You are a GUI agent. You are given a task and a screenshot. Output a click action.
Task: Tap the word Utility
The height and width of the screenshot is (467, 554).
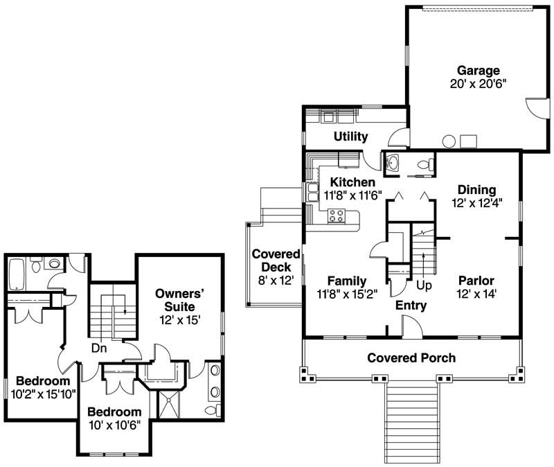point(350,136)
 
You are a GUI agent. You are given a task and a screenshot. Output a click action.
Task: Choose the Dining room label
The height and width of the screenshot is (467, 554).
point(476,190)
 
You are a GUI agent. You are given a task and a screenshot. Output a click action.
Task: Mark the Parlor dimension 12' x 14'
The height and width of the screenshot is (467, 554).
point(476,293)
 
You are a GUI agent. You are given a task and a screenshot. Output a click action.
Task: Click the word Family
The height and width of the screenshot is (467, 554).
point(346,281)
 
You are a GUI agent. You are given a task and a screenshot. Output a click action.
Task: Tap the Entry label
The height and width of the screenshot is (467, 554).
point(411,306)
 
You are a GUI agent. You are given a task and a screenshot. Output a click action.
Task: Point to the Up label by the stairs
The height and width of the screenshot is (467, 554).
point(425,285)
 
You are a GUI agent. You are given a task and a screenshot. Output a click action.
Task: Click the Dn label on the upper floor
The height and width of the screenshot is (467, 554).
point(99,349)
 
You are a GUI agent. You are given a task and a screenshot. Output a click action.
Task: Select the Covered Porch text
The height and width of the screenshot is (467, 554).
point(411,358)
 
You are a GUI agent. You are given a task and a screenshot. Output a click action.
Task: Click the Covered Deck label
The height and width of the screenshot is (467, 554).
point(276,261)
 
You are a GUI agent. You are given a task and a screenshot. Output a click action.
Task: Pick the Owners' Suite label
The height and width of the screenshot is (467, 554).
point(175,300)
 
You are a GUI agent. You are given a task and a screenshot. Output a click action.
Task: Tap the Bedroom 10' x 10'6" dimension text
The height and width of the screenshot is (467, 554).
point(114,424)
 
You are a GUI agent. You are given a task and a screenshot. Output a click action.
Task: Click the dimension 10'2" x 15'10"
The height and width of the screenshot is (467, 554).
point(43,394)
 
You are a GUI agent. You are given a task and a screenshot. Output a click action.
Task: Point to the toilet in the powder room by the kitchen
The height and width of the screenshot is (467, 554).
point(429,164)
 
